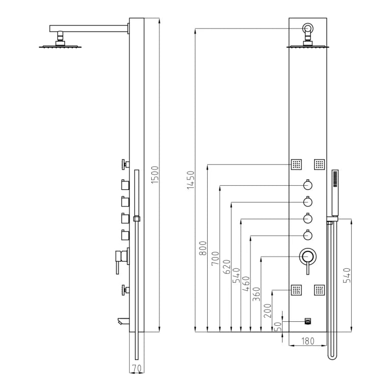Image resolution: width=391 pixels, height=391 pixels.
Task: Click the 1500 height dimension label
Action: click(155, 175)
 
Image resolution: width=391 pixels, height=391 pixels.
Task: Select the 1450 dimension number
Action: click(190, 180)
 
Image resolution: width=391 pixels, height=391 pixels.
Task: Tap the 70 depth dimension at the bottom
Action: click(136, 368)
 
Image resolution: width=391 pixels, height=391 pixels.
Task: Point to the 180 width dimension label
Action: click(308, 341)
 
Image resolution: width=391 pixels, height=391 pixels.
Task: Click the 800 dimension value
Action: click(203, 248)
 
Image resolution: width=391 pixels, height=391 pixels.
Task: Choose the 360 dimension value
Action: click(256, 294)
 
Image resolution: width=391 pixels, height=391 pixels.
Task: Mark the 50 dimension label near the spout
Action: click(278, 326)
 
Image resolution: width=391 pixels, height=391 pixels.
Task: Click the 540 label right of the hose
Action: click(347, 275)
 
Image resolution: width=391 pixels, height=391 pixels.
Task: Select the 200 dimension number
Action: click(267, 311)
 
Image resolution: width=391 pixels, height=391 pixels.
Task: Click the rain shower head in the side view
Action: click(61, 46)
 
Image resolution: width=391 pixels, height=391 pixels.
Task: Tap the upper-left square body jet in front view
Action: click(296, 164)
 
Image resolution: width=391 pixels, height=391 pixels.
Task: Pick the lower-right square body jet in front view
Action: click(319, 290)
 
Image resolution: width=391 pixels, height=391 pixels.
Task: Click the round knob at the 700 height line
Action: click(308, 185)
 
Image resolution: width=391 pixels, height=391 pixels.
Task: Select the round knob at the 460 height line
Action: click(308, 235)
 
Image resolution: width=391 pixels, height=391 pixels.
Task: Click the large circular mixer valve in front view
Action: click(308, 257)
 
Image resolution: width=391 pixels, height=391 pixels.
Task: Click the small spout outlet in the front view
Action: click(308, 321)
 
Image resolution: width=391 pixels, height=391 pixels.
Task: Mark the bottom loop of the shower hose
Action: click(332, 356)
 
